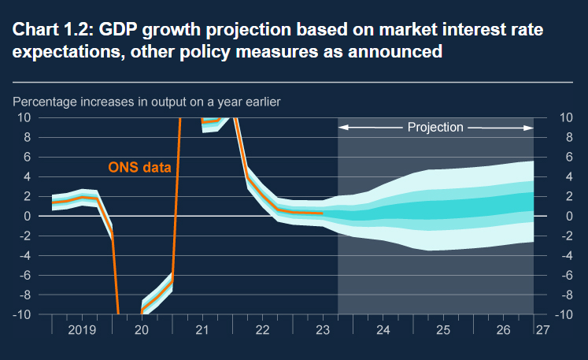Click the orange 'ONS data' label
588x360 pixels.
pos(139,167)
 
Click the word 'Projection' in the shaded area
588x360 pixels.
pos(435,127)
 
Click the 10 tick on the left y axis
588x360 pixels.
pos(24,117)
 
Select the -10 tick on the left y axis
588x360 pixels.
pos(22,314)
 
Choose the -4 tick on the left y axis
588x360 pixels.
pos(25,255)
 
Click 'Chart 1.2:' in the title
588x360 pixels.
pos(49,30)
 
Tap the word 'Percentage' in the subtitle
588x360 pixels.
pos(42,102)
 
